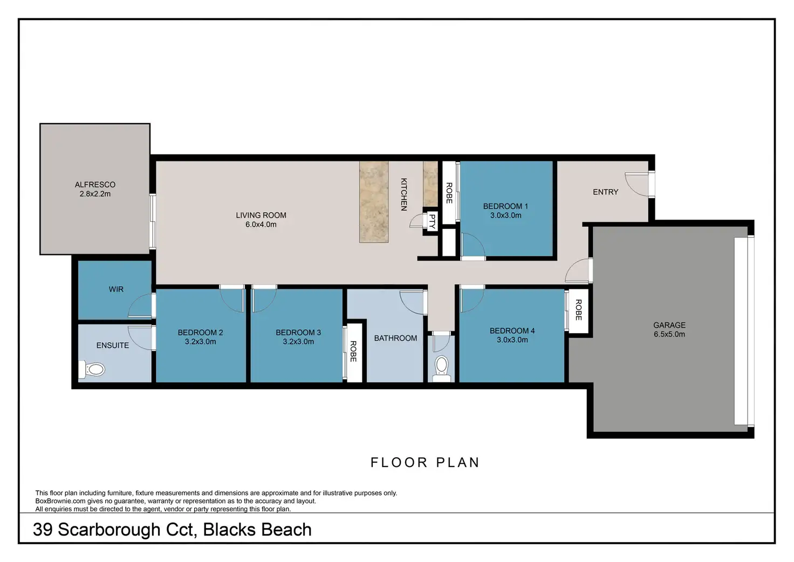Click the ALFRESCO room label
click(x=95, y=185)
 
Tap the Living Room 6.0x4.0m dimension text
click(x=261, y=225)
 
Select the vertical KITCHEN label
click(x=403, y=194)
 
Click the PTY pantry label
click(x=432, y=221)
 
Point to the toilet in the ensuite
click(x=92, y=370)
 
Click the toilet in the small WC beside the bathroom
click(x=441, y=366)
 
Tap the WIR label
click(x=116, y=289)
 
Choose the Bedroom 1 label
click(x=505, y=206)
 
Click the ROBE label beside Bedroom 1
click(x=449, y=193)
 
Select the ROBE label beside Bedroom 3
click(x=353, y=351)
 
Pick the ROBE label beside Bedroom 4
click(x=578, y=310)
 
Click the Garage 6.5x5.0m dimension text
click(x=669, y=334)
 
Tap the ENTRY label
click(x=605, y=192)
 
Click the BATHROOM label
click(x=395, y=338)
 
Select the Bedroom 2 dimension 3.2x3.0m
click(x=200, y=342)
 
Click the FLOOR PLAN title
click(x=425, y=463)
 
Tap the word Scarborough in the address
click(x=109, y=530)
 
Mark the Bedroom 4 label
click(x=512, y=330)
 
